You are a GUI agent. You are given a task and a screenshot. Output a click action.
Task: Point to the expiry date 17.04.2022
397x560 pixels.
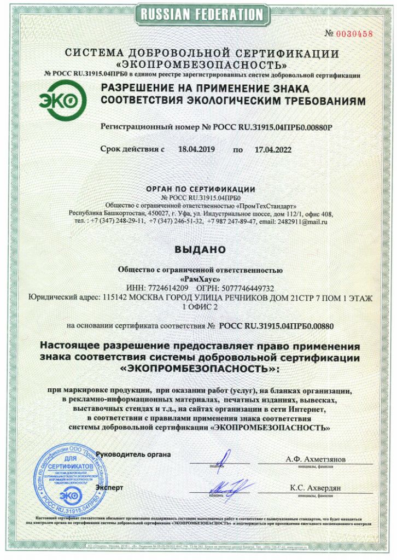[273, 149]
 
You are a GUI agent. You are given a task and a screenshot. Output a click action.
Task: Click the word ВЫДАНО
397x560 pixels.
[200, 249]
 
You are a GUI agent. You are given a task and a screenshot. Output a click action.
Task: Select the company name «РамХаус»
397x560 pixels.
[200, 278]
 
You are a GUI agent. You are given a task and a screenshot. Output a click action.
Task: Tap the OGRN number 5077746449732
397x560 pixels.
[248, 288]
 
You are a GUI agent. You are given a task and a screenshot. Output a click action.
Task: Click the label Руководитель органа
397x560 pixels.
[133, 454]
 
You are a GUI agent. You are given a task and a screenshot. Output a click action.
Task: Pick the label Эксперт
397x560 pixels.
[109, 487]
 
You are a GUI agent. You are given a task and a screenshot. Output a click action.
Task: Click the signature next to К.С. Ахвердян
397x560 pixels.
[229, 486]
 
